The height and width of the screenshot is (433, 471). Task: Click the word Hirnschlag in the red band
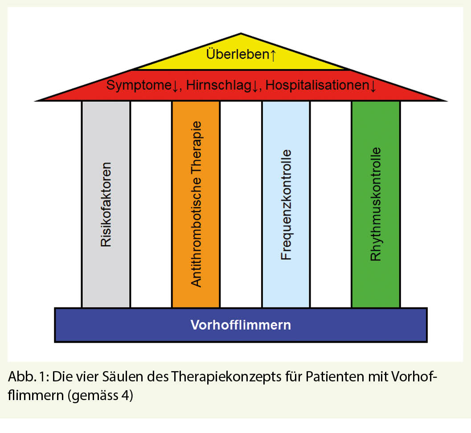[217, 85]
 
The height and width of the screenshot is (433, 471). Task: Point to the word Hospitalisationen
[316, 85]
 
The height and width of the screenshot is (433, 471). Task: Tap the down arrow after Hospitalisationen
[373, 86]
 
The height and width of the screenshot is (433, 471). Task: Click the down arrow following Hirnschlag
[255, 86]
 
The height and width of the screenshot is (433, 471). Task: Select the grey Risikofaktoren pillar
[106, 204]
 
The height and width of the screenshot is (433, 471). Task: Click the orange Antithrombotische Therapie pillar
[196, 204]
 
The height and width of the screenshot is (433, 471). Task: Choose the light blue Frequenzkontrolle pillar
[286, 204]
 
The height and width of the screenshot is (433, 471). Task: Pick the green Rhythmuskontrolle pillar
[376, 204]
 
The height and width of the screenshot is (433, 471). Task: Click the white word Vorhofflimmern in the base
[241, 325]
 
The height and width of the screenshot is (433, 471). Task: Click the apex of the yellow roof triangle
[241, 35]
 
